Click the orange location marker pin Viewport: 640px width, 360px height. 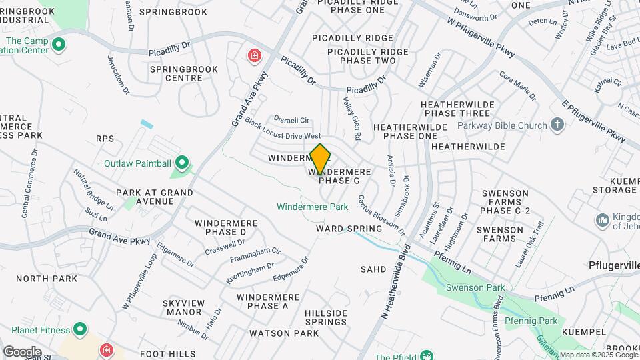click(x=321, y=158)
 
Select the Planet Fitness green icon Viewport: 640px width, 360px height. click(x=80, y=330)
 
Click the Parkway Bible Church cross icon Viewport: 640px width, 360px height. click(x=558, y=125)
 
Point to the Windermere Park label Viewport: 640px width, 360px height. click(x=313, y=207)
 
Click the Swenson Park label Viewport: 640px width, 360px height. click(x=477, y=288)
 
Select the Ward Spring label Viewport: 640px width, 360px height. click(x=349, y=229)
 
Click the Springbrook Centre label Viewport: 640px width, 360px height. click(x=176, y=73)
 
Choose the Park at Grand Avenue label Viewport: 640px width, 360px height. click(x=155, y=197)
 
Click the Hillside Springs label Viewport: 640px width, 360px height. click(x=326, y=317)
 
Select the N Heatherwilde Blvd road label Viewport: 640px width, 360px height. click(x=397, y=280)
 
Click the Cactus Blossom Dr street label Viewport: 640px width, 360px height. click(x=381, y=215)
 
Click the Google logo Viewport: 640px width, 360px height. click(x=22, y=351)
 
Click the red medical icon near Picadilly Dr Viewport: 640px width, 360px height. click(x=254, y=55)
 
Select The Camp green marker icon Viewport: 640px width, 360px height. click(x=59, y=45)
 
